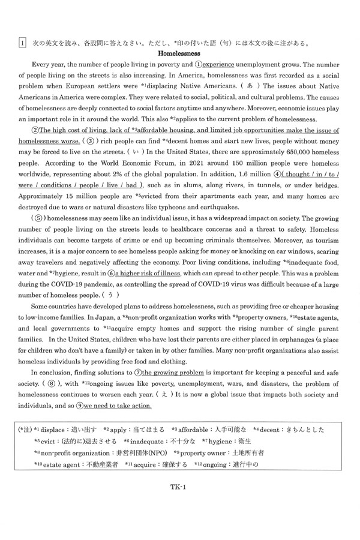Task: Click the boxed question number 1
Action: coord(22,42)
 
